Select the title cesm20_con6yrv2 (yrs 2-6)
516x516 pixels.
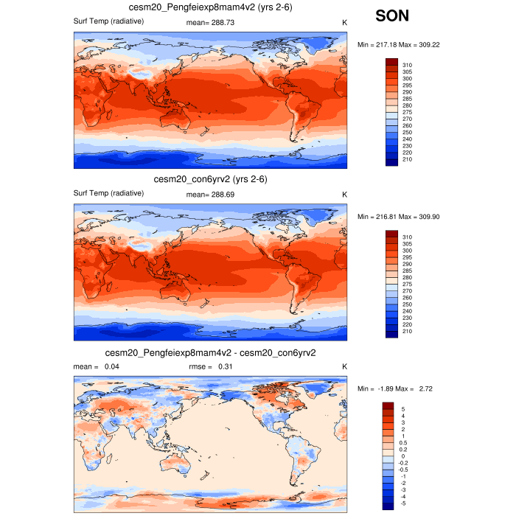(210, 180)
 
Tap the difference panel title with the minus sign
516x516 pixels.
(211, 353)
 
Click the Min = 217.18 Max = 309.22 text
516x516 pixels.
(399, 45)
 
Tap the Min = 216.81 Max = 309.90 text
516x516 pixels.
(399, 217)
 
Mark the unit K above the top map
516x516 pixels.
(344, 23)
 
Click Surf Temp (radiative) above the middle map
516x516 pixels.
(108, 194)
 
